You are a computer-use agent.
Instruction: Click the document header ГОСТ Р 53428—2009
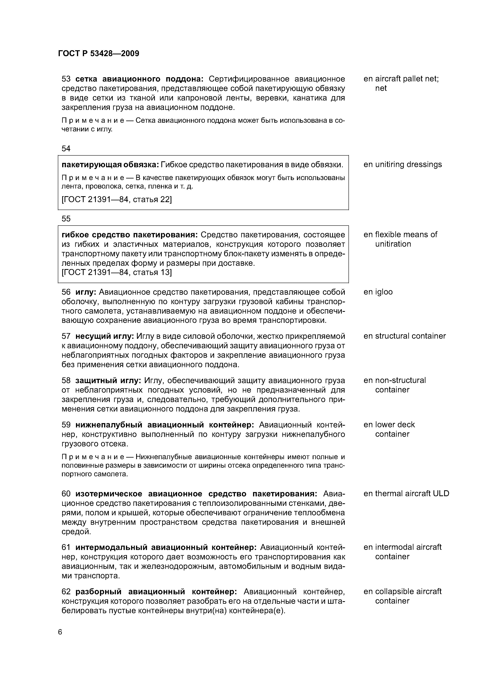click(x=98, y=54)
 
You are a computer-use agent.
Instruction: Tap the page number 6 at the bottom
click(x=60, y=632)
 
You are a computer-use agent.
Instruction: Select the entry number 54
click(x=66, y=149)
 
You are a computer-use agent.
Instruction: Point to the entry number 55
click(x=66, y=219)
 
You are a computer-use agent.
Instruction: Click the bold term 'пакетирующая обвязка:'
click(x=110, y=165)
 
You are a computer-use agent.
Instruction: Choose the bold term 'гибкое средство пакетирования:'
click(x=130, y=235)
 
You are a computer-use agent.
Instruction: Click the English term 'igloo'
click(x=384, y=292)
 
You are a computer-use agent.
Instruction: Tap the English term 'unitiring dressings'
click(x=408, y=165)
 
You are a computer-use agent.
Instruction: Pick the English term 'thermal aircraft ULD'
click(x=412, y=494)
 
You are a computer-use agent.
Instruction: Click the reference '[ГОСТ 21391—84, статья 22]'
click(x=117, y=200)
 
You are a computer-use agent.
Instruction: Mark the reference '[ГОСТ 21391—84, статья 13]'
click(x=117, y=272)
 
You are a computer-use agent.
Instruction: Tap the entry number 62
click(x=66, y=592)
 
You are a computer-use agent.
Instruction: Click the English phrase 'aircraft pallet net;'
click(x=407, y=79)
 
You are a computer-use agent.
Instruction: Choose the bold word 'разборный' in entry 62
click(x=98, y=592)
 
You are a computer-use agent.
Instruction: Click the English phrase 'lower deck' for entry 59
click(x=395, y=425)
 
